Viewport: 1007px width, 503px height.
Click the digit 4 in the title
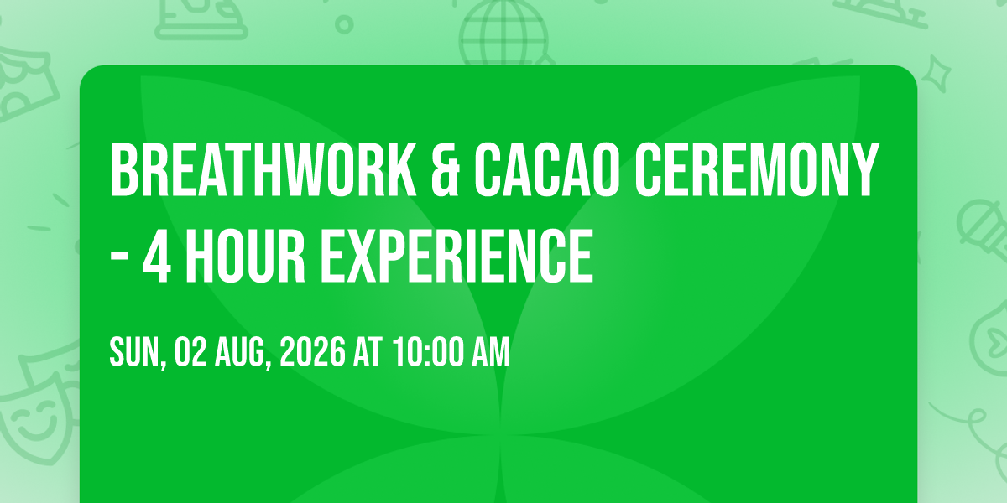coord(156,256)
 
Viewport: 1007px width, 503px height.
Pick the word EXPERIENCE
coord(457,256)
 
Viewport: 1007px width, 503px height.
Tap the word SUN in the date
coord(134,353)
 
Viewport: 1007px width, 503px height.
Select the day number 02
coord(190,353)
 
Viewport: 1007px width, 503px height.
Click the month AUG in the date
coord(241,353)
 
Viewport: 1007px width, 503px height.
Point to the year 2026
coord(312,353)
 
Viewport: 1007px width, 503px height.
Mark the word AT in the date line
coord(368,353)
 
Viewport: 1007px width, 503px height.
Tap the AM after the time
coord(491,353)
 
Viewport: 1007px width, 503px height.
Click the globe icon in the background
coord(503,33)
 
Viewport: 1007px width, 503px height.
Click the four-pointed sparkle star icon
coord(936,74)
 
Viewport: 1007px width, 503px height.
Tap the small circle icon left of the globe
coord(344,24)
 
